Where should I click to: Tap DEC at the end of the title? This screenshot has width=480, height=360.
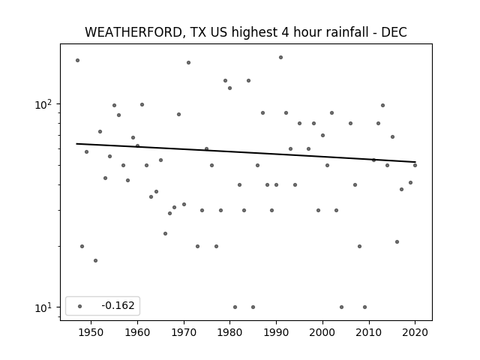point(394,32)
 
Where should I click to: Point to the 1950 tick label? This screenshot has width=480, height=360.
point(91,332)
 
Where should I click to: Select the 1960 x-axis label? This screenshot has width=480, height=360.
point(137,332)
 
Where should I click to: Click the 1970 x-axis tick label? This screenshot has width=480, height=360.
point(184,332)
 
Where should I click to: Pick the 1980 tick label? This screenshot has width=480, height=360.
point(230,332)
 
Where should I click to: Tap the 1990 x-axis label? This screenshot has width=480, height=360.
point(277,332)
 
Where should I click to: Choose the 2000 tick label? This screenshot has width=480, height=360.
point(322,332)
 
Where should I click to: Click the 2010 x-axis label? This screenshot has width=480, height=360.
point(369,332)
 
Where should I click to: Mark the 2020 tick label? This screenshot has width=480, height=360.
point(415,332)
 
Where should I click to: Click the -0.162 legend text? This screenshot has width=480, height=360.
point(118,305)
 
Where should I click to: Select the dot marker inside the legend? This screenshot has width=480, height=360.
point(80,307)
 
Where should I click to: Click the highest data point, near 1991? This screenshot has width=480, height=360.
point(280,58)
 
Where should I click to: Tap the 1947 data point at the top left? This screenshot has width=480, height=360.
point(77,60)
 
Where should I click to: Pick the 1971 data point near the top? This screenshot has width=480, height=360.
point(188,63)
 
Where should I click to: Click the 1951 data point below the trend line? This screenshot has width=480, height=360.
point(95,260)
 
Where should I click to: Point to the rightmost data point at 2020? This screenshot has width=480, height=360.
point(415,165)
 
